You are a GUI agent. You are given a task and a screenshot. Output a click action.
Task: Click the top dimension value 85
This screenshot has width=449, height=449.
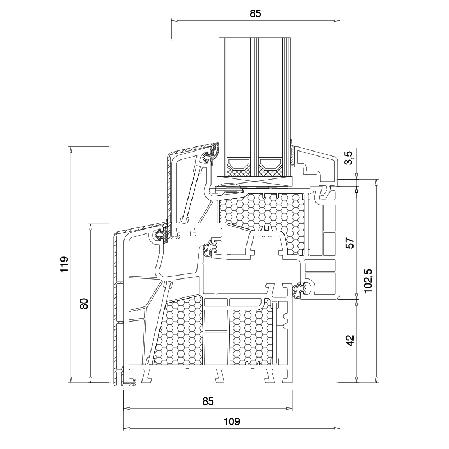point(255,13)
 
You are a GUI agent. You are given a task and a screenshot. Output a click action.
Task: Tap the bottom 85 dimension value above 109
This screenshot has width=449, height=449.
point(208,401)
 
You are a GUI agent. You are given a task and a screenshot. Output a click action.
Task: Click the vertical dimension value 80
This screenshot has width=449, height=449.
point(84,304)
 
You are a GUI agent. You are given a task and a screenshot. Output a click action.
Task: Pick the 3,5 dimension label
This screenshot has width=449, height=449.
point(349,159)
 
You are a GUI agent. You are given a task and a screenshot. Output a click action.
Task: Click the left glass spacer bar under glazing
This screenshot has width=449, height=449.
point(239,165)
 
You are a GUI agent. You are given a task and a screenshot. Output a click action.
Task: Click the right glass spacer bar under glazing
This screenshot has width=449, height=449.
point(272,165)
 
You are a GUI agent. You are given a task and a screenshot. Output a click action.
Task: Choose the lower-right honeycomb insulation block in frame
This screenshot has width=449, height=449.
point(250,337)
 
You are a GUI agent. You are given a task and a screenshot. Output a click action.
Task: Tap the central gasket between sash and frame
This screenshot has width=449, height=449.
point(212,247)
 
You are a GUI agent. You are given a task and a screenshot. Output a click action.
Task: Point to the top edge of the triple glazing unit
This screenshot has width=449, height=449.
point(255,39)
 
